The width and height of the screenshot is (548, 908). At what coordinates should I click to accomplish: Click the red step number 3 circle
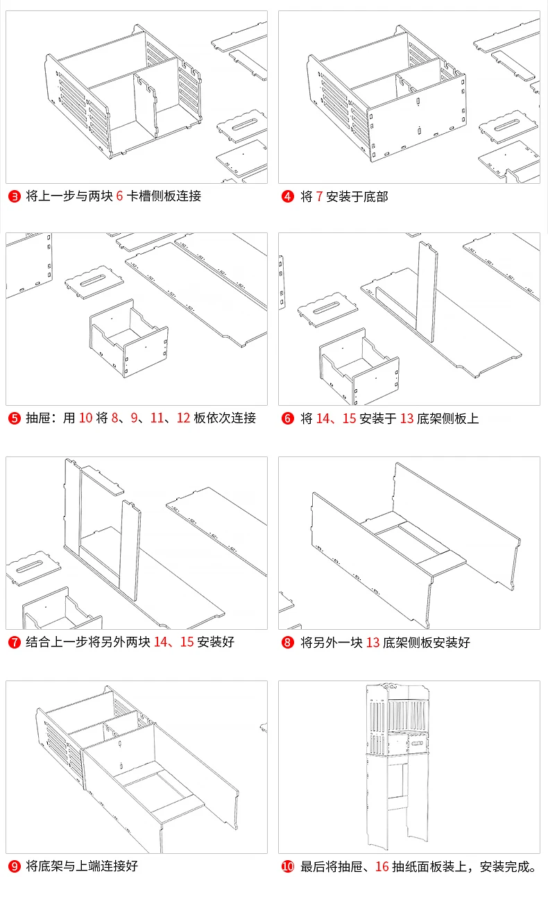click(x=14, y=196)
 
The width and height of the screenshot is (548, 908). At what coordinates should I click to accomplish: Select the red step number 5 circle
click(x=14, y=418)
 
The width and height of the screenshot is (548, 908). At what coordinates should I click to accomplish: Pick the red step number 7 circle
click(x=14, y=642)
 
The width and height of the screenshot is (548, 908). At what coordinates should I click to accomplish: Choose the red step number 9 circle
click(x=14, y=866)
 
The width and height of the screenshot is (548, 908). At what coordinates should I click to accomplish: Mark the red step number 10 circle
click(x=288, y=866)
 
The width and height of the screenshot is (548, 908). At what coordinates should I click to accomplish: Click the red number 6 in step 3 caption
click(x=119, y=196)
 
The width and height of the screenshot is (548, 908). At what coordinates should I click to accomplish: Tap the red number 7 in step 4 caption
click(x=319, y=196)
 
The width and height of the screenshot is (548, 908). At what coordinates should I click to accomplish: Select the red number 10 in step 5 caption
click(x=85, y=418)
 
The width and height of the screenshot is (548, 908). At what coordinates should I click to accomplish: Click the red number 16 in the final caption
click(x=382, y=866)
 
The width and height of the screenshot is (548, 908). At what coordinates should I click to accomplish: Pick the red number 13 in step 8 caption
click(x=373, y=642)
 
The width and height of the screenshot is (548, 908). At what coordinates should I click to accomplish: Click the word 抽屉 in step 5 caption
click(x=37, y=418)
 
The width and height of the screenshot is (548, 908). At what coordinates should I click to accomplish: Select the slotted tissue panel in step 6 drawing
click(x=327, y=310)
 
